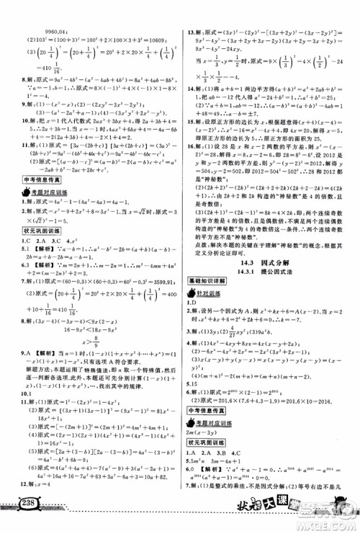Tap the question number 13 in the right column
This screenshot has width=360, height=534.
click(x=189, y=11)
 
